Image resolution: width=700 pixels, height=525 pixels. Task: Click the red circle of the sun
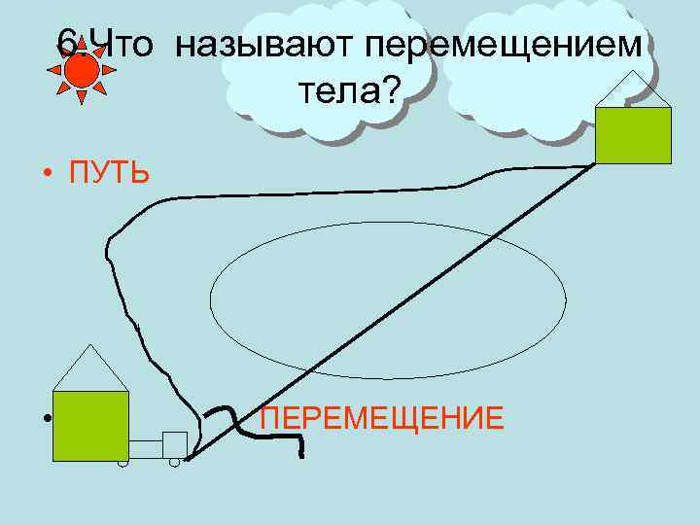click(81, 69)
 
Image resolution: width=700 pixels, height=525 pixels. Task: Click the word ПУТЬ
click(109, 174)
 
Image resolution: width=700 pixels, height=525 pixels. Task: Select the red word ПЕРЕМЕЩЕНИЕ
click(382, 419)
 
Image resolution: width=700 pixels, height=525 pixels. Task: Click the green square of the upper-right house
click(633, 135)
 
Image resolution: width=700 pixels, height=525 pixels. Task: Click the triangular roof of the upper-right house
click(633, 93)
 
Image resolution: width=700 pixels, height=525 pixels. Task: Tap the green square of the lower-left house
click(90, 425)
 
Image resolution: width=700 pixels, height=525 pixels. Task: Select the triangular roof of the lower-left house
click(90, 370)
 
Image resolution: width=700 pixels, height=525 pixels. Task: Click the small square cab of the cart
click(175, 443)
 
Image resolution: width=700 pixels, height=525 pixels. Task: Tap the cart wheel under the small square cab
click(174, 462)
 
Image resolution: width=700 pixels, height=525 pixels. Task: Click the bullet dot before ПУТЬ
click(46, 175)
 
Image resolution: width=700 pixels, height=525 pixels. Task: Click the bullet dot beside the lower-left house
click(46, 420)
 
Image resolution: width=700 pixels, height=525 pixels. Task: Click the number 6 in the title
click(66, 42)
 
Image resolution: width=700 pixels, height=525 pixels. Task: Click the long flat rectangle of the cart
click(145, 448)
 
